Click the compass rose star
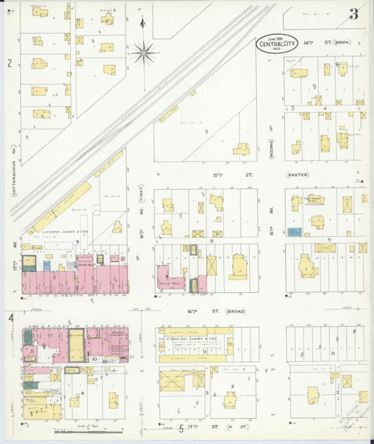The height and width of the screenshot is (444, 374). coord(144,50)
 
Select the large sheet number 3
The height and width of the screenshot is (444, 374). coord(354,13)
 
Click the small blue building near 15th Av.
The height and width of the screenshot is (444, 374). coord(294,231)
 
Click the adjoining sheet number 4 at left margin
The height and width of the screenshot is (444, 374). coord(10,318)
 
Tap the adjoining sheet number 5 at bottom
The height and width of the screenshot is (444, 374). coord(181,429)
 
